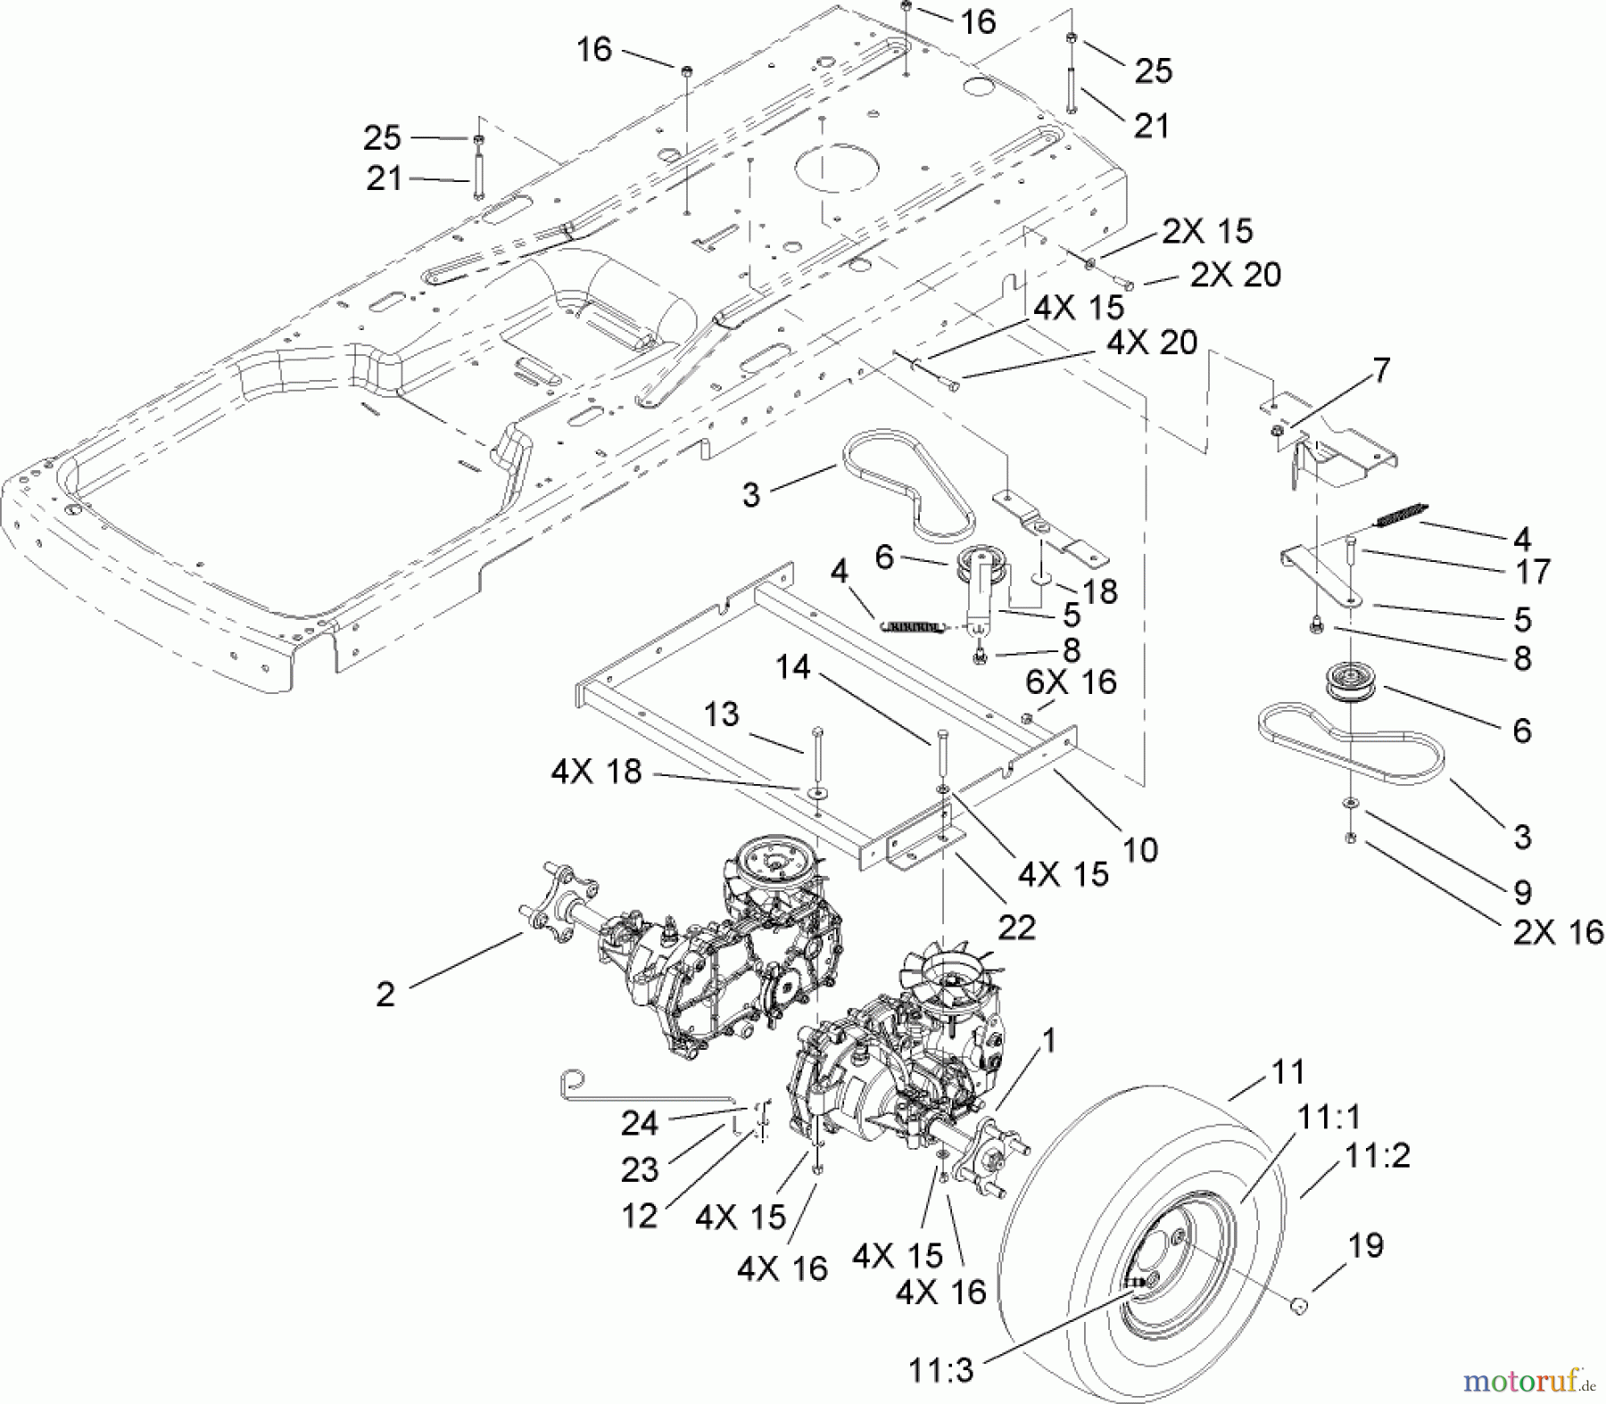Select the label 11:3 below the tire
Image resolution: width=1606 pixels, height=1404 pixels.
pyautogui.click(x=940, y=1370)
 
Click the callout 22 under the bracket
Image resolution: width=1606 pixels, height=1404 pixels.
pyautogui.click(x=1016, y=928)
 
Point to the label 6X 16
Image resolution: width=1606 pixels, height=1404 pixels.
pyautogui.click(x=1071, y=682)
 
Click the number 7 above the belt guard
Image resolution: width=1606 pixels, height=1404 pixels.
pyautogui.click(x=1380, y=369)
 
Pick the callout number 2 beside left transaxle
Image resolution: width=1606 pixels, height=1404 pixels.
pyautogui.click(x=385, y=994)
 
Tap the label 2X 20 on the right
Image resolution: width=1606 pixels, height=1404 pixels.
pyautogui.click(x=1236, y=275)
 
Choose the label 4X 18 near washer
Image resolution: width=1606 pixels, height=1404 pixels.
pyautogui.click(x=596, y=772)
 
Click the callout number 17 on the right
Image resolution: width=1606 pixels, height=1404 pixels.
pyautogui.click(x=1533, y=571)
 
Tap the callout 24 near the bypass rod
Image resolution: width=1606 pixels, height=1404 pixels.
pyautogui.click(x=639, y=1124)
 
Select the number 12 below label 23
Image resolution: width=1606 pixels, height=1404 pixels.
pyautogui.click(x=640, y=1215)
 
